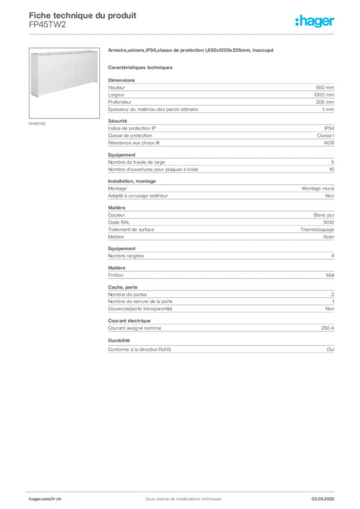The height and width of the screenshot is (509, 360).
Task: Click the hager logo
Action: (x=315, y=21)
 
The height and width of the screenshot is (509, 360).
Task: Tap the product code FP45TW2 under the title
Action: (x=47, y=25)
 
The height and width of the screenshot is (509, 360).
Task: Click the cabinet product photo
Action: (x=64, y=83)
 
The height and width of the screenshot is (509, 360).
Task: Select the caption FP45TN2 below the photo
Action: (x=37, y=124)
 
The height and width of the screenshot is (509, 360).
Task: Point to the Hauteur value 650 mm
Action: (x=325, y=87)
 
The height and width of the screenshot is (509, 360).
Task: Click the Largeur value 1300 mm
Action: (x=324, y=95)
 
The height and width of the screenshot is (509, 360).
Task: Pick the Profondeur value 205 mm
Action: (x=325, y=102)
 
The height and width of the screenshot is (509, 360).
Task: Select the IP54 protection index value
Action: (x=329, y=128)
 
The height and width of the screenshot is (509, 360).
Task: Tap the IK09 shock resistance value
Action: (x=329, y=143)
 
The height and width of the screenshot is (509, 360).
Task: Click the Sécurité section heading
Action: (x=117, y=121)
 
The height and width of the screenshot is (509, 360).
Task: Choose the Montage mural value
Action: (x=318, y=188)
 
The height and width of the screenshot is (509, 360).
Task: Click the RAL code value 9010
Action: (x=329, y=222)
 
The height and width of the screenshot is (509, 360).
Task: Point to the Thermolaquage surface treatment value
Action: (x=317, y=230)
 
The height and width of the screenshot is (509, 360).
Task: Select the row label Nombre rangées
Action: (x=126, y=256)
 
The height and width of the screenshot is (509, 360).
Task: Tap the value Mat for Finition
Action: (x=330, y=275)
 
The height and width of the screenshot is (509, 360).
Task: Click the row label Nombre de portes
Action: (x=127, y=294)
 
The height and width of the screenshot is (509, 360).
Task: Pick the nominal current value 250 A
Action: (x=328, y=328)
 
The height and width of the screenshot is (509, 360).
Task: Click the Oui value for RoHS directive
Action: (x=330, y=349)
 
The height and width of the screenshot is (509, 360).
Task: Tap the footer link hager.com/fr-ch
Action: (x=45, y=499)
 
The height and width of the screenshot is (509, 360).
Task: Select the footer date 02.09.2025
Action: (x=323, y=499)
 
